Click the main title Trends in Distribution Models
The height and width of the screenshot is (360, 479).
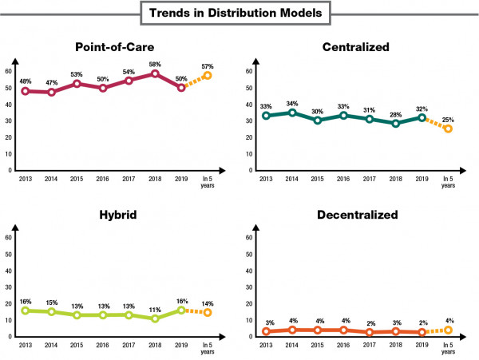[239, 14]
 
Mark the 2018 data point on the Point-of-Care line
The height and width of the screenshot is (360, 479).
[155, 73]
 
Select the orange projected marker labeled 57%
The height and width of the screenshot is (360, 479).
[207, 75]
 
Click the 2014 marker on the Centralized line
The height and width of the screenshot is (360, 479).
[291, 113]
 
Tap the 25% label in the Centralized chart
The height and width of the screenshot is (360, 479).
[448, 117]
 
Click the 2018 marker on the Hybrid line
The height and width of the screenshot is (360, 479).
[155, 318]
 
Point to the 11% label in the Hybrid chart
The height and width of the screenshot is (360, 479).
[155, 308]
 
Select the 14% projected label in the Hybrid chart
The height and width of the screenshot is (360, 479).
[207, 303]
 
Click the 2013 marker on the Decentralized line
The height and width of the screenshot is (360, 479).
[266, 331]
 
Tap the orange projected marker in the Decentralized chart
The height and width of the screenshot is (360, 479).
[448, 330]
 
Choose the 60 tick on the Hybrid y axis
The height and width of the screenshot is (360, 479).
[8, 237]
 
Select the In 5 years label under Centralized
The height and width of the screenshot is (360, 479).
[448, 183]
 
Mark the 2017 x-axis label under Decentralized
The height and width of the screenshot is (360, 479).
[370, 346]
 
